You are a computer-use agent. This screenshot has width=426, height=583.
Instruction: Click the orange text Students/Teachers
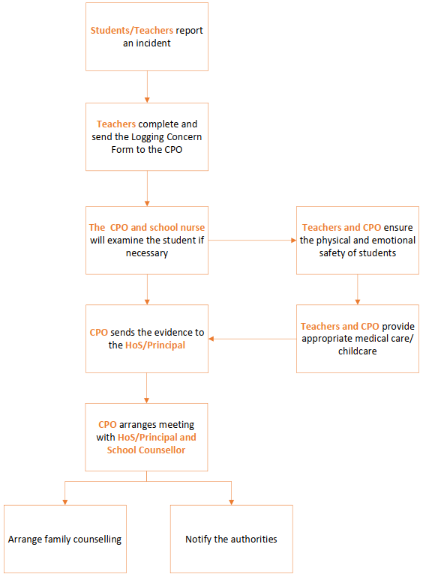pos(132,31)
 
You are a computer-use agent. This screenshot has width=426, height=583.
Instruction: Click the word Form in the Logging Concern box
pos(121,149)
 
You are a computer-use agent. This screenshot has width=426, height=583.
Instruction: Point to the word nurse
pos(192,227)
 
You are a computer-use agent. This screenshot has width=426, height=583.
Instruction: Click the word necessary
pos(147,253)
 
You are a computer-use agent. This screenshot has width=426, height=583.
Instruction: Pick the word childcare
pos(358,351)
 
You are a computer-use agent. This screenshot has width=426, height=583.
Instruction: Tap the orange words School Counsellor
pos(146,450)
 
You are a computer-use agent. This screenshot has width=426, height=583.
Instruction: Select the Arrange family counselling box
pos(65,539)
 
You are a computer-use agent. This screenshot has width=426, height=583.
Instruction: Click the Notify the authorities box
pos(232,539)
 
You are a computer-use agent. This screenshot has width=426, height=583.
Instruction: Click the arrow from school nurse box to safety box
pos(252,241)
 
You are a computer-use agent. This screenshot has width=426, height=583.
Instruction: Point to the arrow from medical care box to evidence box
pos(252,339)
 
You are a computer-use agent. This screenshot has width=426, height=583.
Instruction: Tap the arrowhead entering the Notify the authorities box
pos(232,502)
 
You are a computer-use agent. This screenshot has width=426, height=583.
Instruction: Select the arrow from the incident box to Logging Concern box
pos(147,87)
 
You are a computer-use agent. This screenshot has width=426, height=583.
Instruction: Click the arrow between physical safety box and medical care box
pos(358,290)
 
